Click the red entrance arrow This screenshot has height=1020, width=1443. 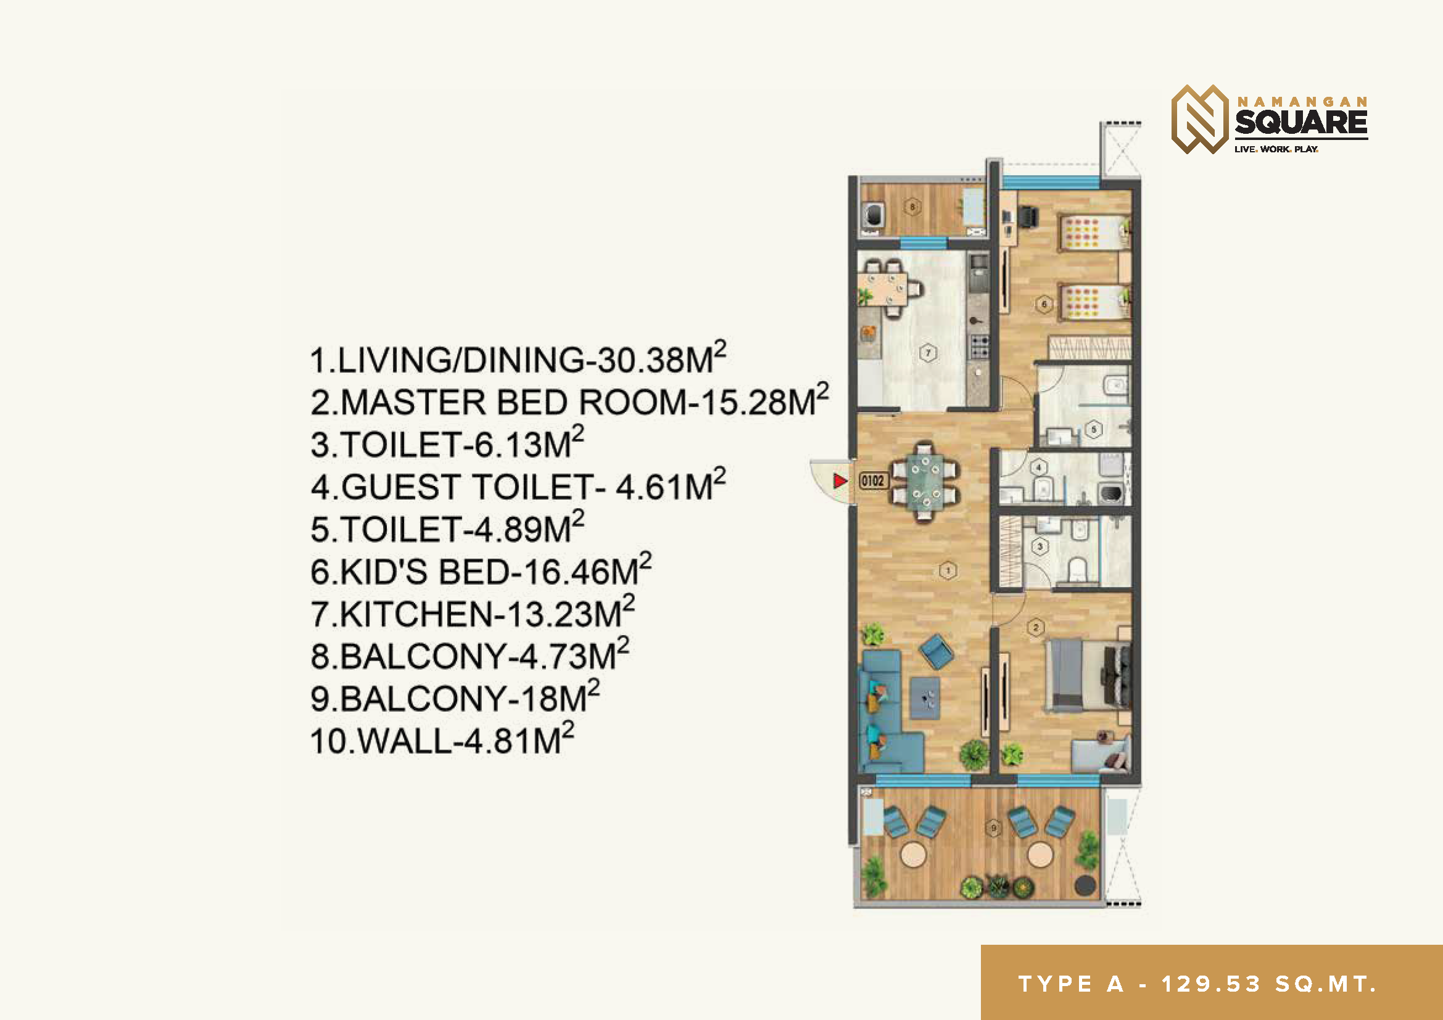tap(840, 481)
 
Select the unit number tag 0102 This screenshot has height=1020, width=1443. tap(872, 481)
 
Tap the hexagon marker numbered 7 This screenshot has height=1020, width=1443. tap(928, 353)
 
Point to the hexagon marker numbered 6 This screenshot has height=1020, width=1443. tap(1044, 305)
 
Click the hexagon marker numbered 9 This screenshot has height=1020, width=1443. tap(994, 828)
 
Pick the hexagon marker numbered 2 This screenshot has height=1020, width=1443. tap(1036, 627)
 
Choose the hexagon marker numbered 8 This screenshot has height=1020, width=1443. tap(912, 207)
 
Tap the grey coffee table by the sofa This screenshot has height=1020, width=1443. tap(925, 698)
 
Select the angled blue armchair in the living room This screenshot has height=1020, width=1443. tap(936, 651)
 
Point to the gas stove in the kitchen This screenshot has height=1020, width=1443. tap(980, 347)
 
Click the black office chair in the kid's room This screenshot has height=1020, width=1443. tap(1028, 217)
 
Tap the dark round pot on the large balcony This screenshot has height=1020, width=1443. tap(1085, 885)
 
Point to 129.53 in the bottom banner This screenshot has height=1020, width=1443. tap(1210, 984)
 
